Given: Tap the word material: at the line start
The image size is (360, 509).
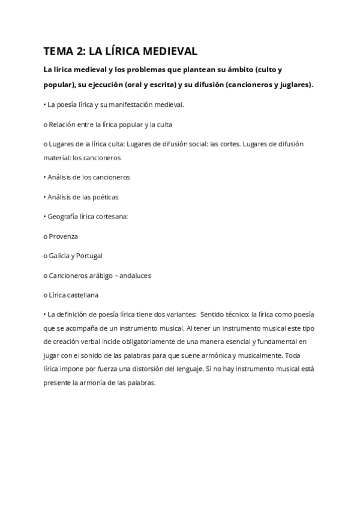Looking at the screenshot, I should pyautogui.click(x=56, y=158).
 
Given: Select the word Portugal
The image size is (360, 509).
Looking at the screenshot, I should pyautogui.click(x=89, y=256).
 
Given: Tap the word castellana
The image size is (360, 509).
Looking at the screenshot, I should pyautogui.click(x=83, y=295).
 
